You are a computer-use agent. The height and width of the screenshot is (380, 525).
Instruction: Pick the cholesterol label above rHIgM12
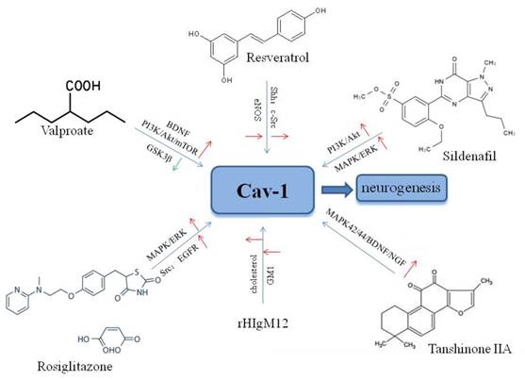point(252,249)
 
